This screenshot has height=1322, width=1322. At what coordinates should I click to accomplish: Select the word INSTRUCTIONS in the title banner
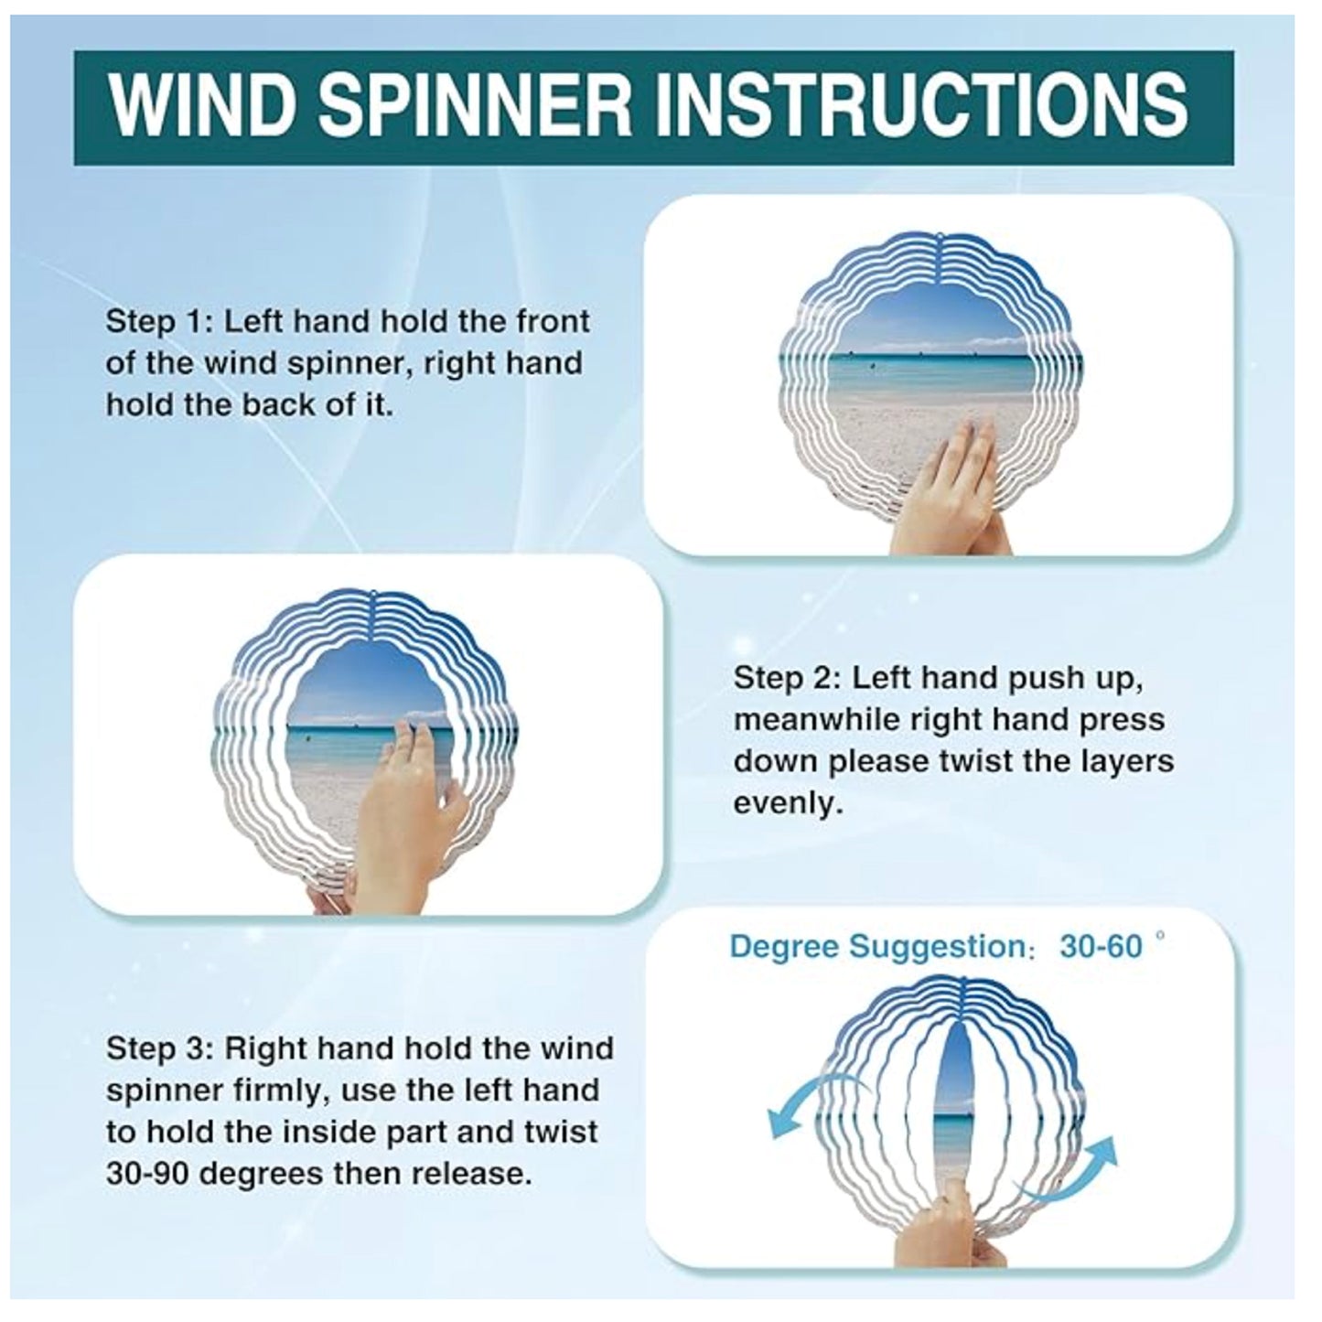923,108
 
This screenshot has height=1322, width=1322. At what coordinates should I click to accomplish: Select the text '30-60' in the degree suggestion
1102,948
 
